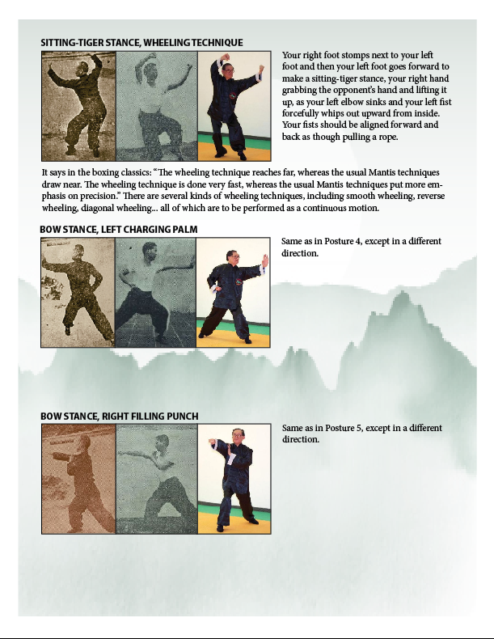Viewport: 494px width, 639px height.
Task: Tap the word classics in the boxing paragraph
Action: [x=132, y=172]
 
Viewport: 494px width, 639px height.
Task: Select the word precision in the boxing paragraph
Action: [x=98, y=196]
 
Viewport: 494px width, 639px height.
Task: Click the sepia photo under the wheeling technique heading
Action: [x=78, y=106]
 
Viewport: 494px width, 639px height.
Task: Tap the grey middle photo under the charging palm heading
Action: [x=155, y=293]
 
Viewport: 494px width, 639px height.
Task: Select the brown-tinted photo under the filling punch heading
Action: [x=78, y=479]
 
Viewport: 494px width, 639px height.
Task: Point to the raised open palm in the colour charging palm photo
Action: [x=265, y=260]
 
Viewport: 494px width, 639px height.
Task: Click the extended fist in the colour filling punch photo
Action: [x=212, y=442]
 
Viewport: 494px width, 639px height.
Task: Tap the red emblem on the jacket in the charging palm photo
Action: [x=239, y=281]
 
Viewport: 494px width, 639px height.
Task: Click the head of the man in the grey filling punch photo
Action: [x=162, y=442]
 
